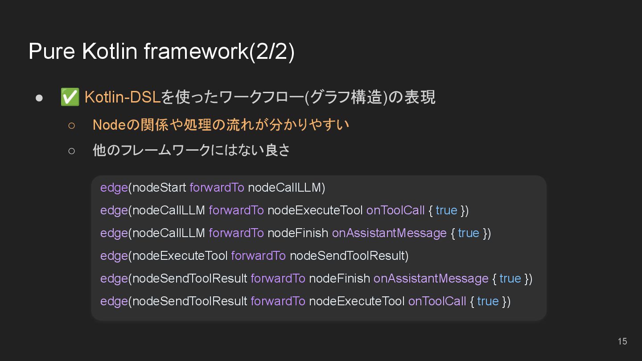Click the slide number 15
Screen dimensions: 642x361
[622, 341]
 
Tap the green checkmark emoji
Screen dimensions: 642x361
[70, 97]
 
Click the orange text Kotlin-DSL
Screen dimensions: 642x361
[122, 97]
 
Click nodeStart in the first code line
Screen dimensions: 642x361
[159, 188]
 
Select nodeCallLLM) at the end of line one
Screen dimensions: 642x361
[286, 188]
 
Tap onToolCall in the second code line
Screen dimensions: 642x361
[395, 210]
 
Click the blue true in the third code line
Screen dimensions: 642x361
[468, 233]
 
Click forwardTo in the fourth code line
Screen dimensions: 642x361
[258, 256]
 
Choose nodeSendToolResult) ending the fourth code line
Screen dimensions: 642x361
[349, 256]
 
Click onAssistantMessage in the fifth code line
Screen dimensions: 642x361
[431, 279]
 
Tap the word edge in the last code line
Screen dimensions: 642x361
[114, 301]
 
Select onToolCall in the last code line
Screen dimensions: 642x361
[437, 301]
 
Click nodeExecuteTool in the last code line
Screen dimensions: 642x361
[357, 301]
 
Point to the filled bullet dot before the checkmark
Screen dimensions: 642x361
[39, 98]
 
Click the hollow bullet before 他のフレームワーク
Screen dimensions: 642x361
[72, 151]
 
